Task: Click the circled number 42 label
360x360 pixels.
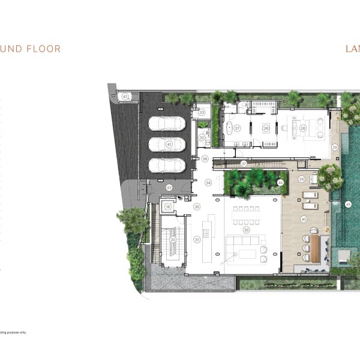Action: [125, 96]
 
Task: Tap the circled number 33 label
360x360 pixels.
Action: [202, 112]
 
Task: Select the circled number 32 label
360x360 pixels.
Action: [203, 138]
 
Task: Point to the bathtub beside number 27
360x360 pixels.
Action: [229, 128]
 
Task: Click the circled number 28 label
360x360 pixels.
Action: [265, 128]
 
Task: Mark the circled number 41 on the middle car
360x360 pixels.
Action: [169, 145]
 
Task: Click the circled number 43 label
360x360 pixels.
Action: [169, 188]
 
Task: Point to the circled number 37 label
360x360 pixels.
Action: [244, 163]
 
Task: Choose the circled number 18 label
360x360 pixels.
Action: [168, 207]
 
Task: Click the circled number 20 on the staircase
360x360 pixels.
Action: [173, 239]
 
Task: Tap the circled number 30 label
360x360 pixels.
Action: [245, 230]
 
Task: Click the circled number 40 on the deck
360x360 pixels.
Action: [304, 220]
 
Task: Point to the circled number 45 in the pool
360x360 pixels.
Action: [348, 205]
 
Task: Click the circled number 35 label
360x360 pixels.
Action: [196, 206]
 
